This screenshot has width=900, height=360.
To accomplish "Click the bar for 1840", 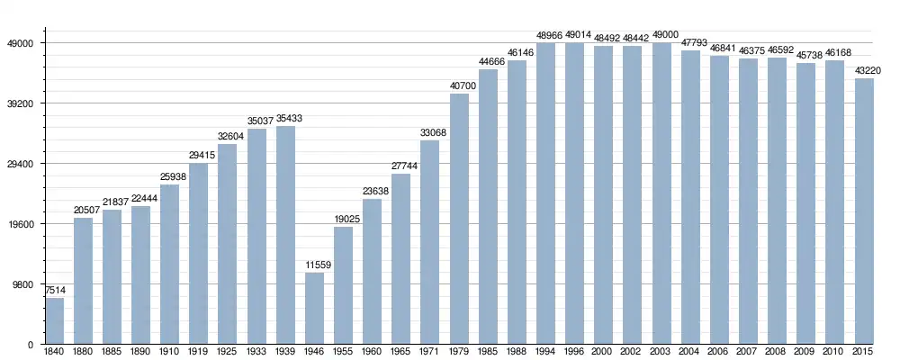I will pyautogui.click(x=55, y=321).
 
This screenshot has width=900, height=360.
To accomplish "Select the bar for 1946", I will pyautogui.click(x=315, y=309).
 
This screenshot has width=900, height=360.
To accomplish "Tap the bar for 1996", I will pyautogui.click(x=575, y=193).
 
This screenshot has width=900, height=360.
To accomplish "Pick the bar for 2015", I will pyautogui.click(x=864, y=211).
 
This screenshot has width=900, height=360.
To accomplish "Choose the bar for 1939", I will pyautogui.click(x=286, y=235).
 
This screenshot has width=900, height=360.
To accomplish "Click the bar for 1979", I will pyautogui.click(x=460, y=219).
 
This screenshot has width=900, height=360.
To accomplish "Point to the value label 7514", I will pyautogui.click(x=55, y=290).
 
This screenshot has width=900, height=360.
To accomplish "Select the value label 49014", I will pyautogui.click(x=575, y=35).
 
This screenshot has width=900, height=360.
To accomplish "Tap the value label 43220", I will pyautogui.click(x=864, y=70).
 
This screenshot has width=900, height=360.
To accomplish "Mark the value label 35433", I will pyautogui.click(x=286, y=118).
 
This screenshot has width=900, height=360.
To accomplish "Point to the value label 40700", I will pyautogui.click(x=460, y=85).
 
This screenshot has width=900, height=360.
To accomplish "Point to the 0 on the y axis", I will pyautogui.click(x=31, y=345).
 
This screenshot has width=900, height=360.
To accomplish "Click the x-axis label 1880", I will pyautogui.click(x=84, y=351).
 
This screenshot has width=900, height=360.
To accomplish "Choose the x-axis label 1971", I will pyautogui.click(x=430, y=351).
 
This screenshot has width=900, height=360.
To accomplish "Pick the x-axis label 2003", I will pyautogui.click(x=661, y=351).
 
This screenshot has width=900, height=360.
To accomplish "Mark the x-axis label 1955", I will pyautogui.click(x=344, y=351).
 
